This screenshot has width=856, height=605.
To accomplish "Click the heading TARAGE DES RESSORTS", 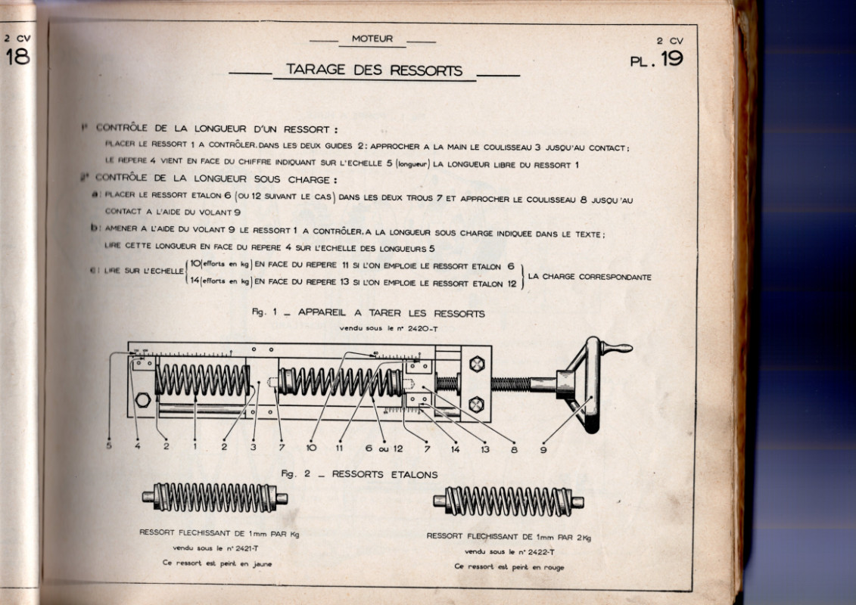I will click(x=374, y=70).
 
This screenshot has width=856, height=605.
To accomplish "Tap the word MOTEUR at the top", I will click(x=372, y=39).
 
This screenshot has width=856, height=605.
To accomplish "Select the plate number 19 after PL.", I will click(x=671, y=60).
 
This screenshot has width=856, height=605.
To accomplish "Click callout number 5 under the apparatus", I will click(x=108, y=446).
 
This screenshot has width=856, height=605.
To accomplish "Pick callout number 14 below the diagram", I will click(x=455, y=448).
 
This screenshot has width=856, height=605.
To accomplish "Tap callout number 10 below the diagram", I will click(x=311, y=448).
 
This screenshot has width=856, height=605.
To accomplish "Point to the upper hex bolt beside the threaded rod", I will click(x=476, y=364).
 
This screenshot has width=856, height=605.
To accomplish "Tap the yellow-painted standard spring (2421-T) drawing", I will click(x=215, y=498).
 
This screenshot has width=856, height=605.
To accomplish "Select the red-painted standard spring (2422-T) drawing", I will click(x=509, y=501).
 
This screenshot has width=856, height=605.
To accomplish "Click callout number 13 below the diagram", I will click(x=484, y=448).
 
